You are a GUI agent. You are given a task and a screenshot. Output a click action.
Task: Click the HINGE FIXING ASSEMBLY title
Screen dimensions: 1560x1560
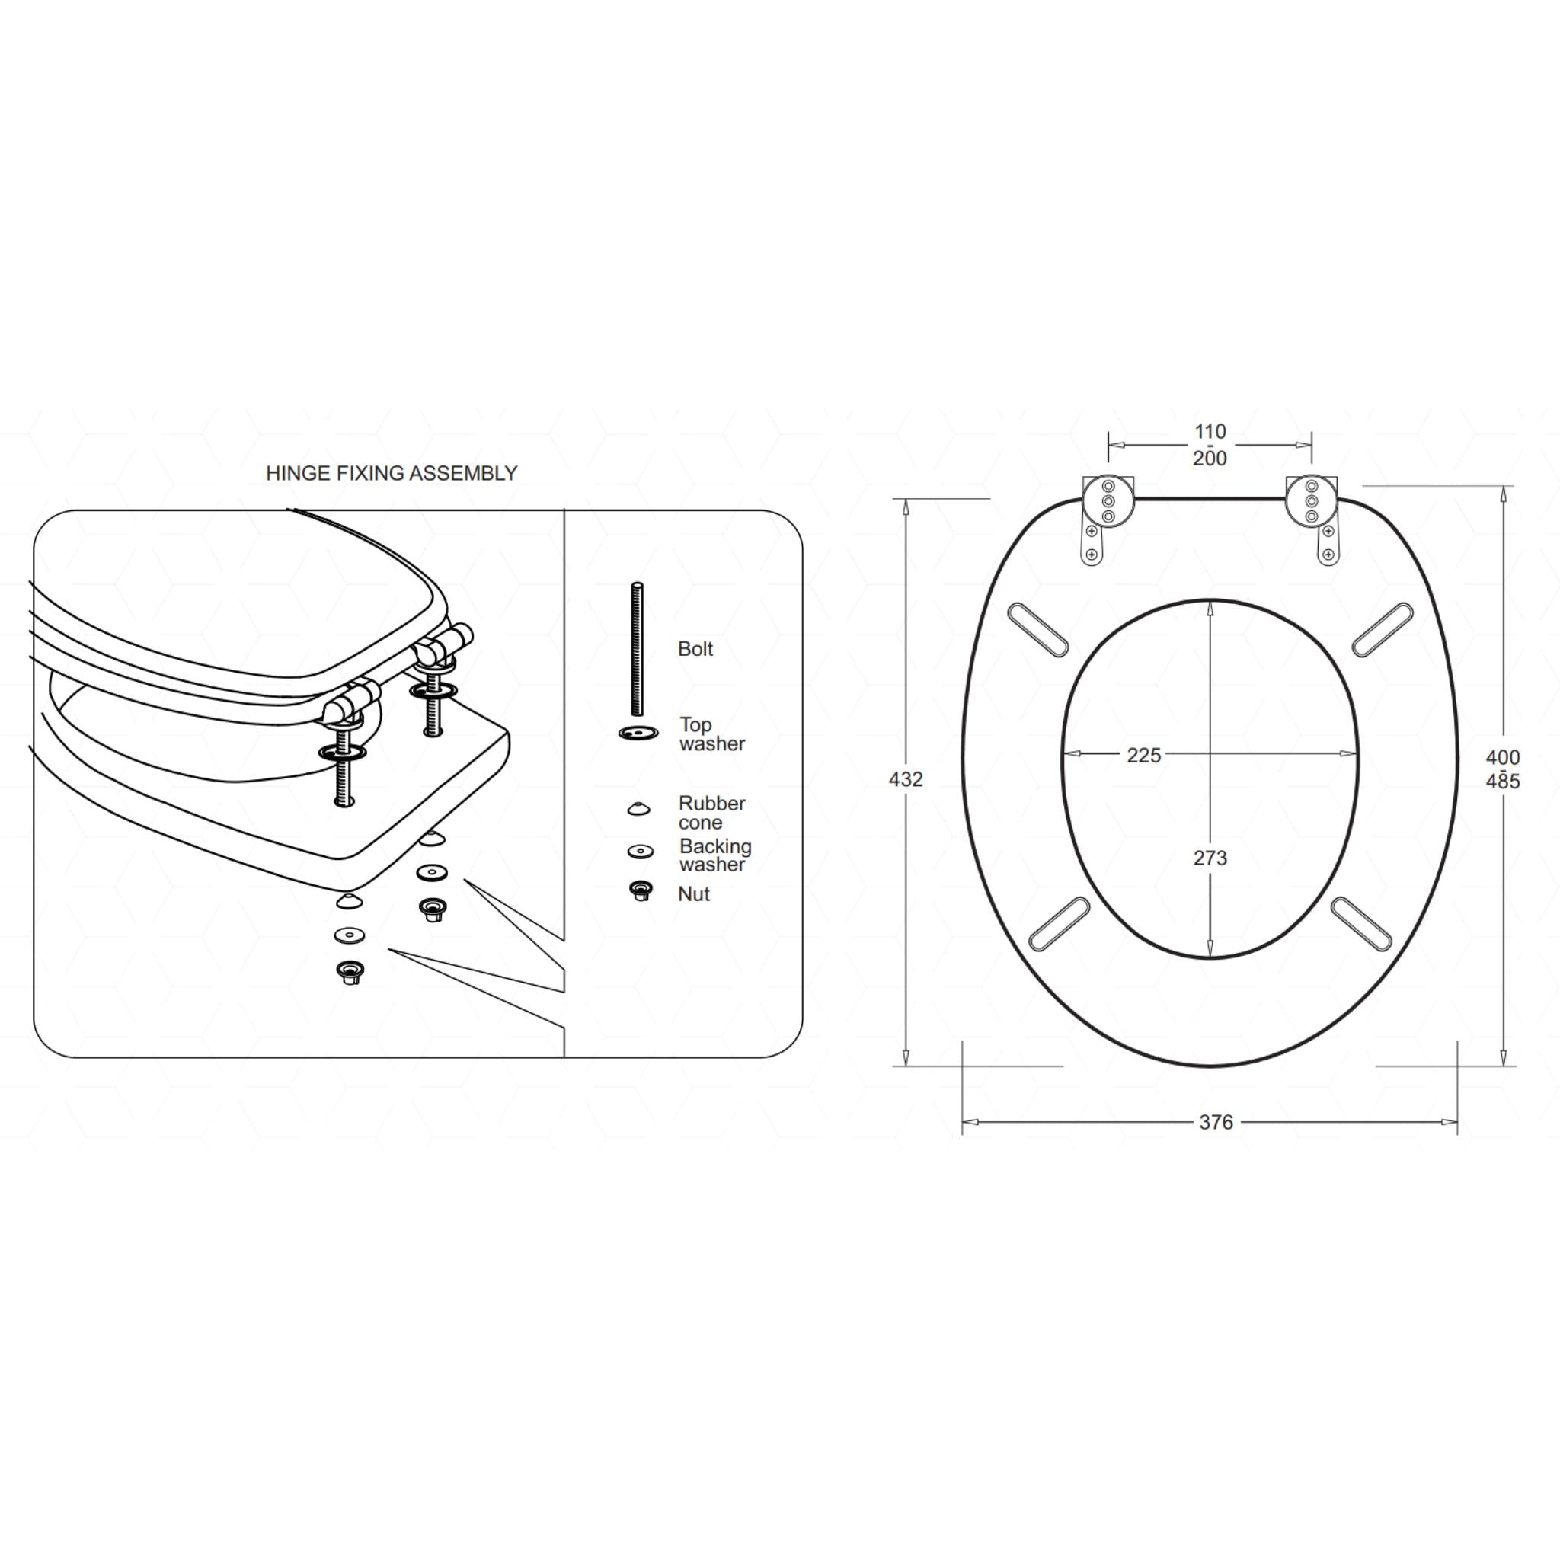[x=392, y=473]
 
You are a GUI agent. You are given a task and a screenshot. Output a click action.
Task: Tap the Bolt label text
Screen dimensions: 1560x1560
[x=695, y=649]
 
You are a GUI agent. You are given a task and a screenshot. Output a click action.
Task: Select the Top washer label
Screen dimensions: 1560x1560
[x=712, y=734]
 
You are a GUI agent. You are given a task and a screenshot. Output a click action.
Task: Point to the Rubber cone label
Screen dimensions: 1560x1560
[x=712, y=812]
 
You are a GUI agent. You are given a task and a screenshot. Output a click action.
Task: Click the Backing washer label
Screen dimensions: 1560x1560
[x=715, y=855]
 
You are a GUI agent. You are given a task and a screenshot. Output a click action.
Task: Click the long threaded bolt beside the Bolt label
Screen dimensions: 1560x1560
[x=637, y=649]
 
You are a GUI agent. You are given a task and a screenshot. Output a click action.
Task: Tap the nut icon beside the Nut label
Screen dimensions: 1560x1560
[x=641, y=891]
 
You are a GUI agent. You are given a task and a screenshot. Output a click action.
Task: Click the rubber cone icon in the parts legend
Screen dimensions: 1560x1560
[x=638, y=808]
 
